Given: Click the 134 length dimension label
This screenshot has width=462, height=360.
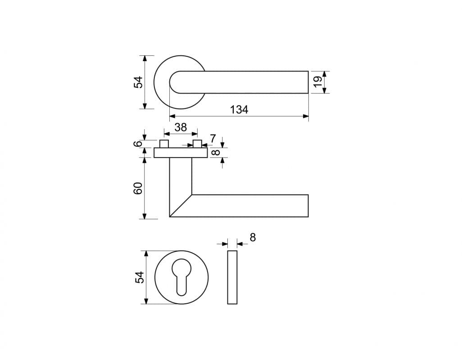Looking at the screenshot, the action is [239, 110].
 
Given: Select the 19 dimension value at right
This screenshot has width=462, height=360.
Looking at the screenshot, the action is [318, 82].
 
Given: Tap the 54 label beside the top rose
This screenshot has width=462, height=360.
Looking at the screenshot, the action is [138, 82].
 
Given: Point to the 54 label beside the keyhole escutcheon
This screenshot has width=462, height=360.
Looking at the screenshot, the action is [140, 277].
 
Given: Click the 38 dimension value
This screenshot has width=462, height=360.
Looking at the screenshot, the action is [181, 127].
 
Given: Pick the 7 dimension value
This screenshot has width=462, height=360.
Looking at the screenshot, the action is [213, 138].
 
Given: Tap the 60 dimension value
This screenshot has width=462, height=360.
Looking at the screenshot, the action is [138, 188].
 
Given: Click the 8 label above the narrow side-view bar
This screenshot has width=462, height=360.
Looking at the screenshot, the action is [253, 238].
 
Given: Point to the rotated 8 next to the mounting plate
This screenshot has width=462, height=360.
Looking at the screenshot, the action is [216, 153].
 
